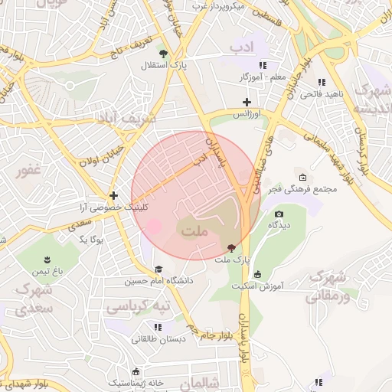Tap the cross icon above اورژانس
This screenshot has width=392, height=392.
coord(247,102)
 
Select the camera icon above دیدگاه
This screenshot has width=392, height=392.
coord(279,214)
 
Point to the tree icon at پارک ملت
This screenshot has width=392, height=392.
coord(230,247)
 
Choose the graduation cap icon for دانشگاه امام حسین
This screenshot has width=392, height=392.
coord(158,269)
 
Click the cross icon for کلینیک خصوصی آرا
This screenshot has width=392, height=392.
coord(113,195)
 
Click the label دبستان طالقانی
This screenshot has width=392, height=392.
coord(157,338)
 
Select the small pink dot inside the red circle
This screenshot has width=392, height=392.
coord(155,227)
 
